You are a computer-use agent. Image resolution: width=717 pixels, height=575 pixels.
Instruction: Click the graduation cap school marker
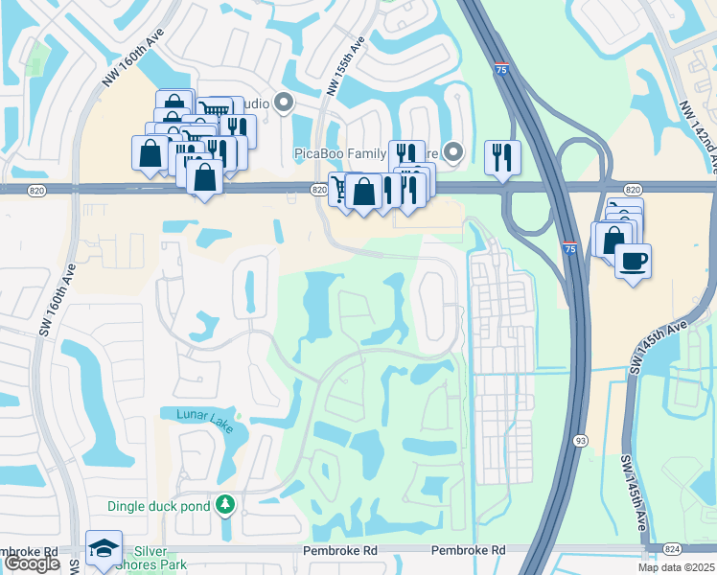[104, 547]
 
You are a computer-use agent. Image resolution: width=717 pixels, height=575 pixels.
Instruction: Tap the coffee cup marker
[633, 261]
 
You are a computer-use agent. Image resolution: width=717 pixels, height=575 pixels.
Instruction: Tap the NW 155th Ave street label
[345, 66]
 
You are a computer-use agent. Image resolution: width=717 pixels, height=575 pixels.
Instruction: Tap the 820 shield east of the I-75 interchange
[632, 190]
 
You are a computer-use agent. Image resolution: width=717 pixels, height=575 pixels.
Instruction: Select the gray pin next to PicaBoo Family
[455, 151]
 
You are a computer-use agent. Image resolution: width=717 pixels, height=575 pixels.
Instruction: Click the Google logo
[32, 563]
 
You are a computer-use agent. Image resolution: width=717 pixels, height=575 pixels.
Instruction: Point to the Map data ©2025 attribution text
[677, 567]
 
